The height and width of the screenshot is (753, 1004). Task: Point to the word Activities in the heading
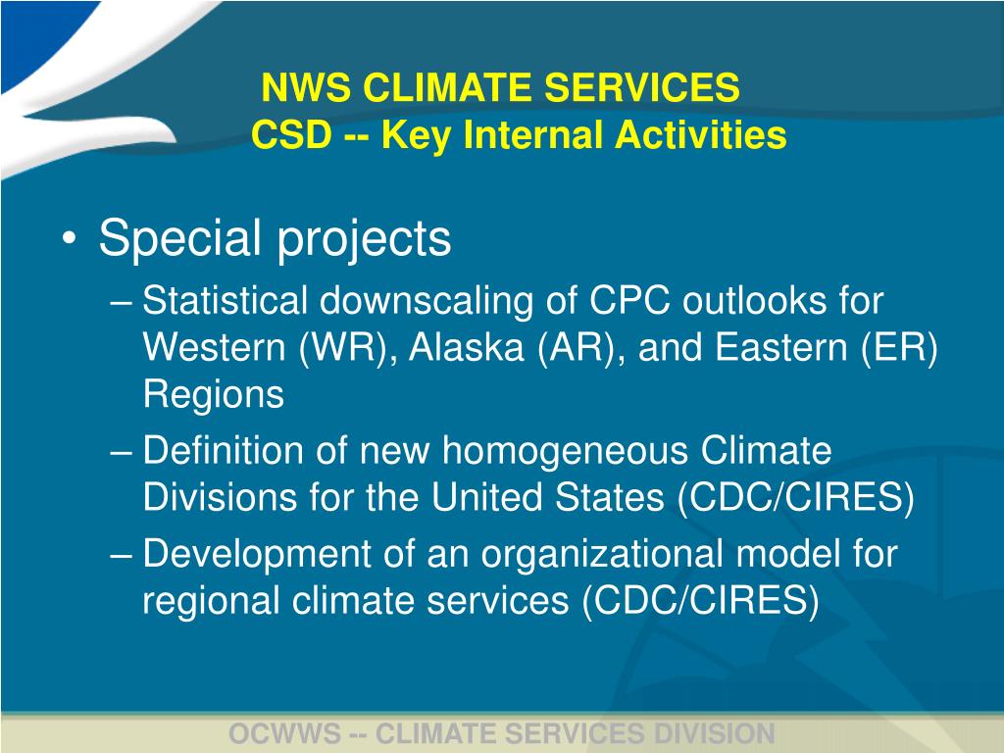pos(700,135)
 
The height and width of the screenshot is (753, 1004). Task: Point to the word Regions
pos(214,394)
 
